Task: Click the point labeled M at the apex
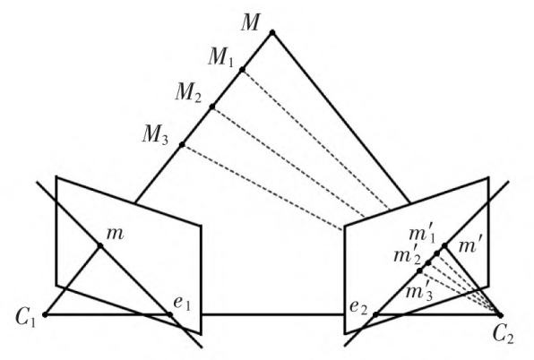[x=272, y=33]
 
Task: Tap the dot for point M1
[x=242, y=70]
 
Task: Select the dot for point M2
[x=211, y=107]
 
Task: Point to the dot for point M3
[x=182, y=144]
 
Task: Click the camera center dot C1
[x=45, y=314]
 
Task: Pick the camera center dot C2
[x=500, y=314]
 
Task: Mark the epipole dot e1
[x=170, y=313]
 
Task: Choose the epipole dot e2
[x=375, y=314]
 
